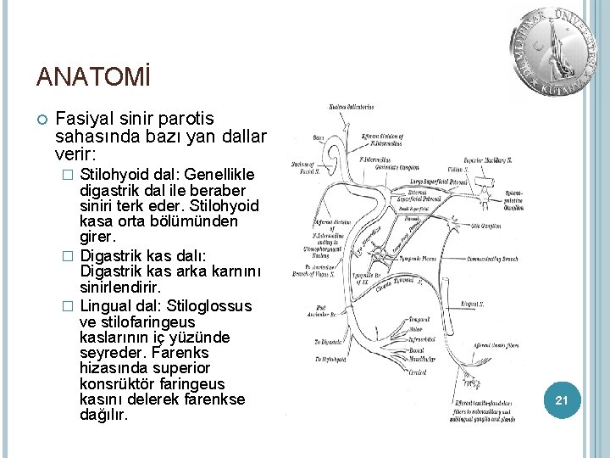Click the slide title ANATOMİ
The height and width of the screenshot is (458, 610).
pyautogui.click(x=93, y=77)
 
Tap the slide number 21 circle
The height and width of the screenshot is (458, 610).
pyautogui.click(x=561, y=399)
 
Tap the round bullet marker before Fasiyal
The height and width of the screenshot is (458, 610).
pyautogui.click(x=40, y=120)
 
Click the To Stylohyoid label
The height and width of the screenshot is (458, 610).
pyautogui.click(x=329, y=360)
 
